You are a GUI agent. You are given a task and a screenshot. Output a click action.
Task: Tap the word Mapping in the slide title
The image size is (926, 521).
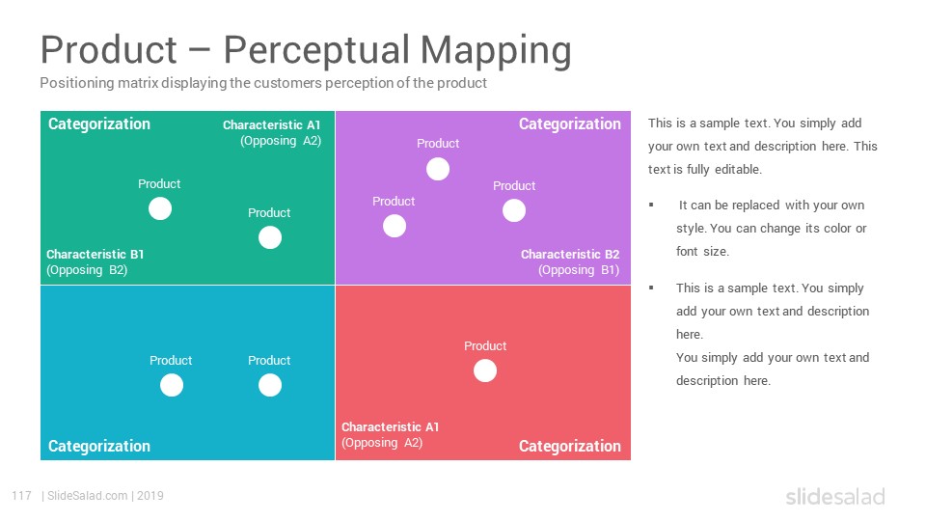(x=496, y=50)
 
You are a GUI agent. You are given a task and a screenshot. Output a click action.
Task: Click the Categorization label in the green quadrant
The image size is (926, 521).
(x=99, y=124)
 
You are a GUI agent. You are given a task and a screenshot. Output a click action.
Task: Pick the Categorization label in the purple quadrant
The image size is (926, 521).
(x=570, y=124)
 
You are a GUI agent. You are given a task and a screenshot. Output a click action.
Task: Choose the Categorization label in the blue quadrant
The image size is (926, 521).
(x=99, y=446)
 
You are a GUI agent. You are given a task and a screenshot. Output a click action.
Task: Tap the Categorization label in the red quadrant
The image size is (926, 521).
(x=570, y=446)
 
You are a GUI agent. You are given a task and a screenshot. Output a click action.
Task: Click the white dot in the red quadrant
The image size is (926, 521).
(x=485, y=370)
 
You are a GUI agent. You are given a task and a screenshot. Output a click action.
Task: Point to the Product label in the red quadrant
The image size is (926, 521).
(x=485, y=346)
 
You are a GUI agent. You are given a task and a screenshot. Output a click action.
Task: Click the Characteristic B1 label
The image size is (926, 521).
(x=95, y=254)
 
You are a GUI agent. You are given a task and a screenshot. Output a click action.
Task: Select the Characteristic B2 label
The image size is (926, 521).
(x=570, y=254)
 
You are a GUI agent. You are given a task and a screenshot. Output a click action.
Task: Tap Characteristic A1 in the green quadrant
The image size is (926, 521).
(x=272, y=125)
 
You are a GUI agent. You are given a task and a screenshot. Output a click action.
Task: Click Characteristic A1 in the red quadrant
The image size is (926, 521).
(x=391, y=426)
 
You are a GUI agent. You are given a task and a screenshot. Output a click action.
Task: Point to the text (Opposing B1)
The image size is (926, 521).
(x=579, y=270)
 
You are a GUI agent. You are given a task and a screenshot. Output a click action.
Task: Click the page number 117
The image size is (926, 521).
(x=21, y=496)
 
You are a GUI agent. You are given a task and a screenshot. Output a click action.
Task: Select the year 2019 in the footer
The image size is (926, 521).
(x=150, y=496)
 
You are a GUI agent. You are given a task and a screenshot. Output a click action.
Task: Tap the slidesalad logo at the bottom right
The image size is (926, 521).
(x=835, y=496)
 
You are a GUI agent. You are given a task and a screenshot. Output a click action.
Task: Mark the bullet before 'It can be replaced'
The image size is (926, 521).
(x=651, y=205)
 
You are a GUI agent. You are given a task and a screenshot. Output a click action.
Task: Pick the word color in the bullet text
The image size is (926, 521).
(x=837, y=228)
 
